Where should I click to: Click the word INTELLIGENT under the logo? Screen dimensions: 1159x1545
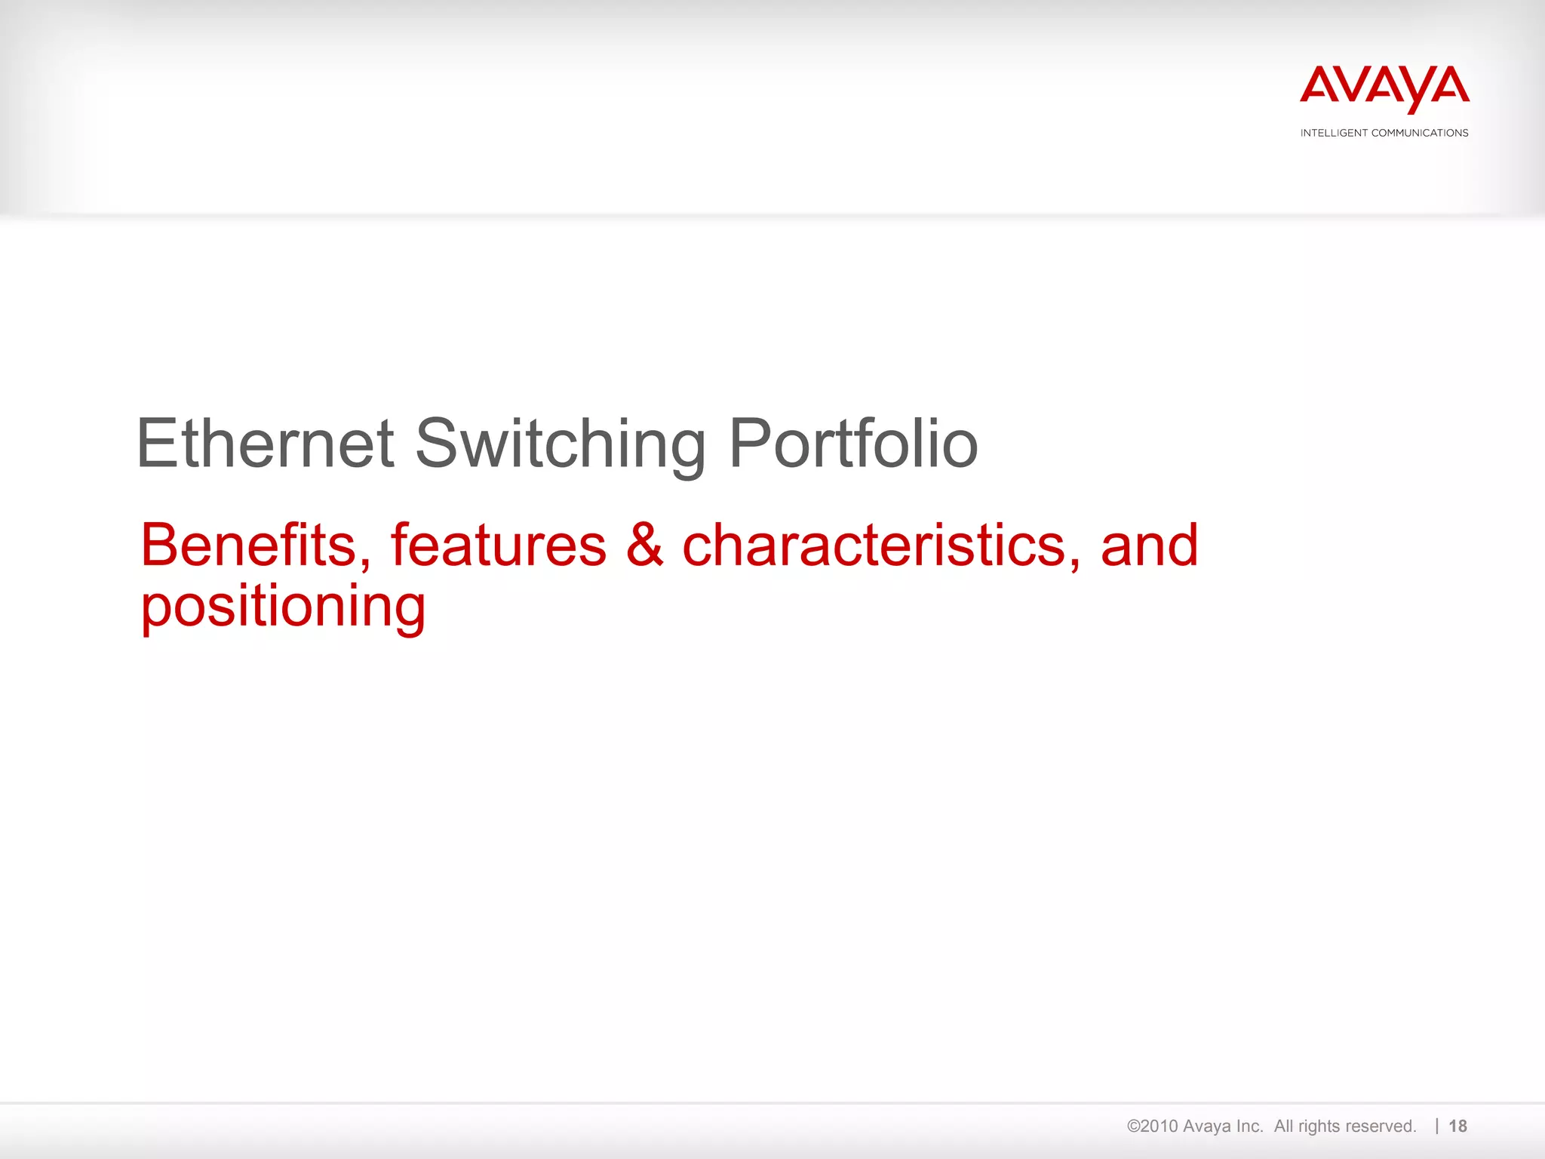[1334, 133]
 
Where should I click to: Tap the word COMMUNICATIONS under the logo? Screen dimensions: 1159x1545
[1420, 133]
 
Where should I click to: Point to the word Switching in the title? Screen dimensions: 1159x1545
[561, 445]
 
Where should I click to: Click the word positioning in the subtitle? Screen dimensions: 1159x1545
[284, 607]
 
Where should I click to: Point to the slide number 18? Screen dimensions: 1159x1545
[1457, 1127]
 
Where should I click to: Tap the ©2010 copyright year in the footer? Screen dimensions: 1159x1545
[1152, 1127]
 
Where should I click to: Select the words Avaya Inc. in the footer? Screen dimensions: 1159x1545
[1223, 1127]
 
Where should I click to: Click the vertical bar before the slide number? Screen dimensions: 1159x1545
[1437, 1127]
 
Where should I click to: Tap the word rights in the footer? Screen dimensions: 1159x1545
[1319, 1127]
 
